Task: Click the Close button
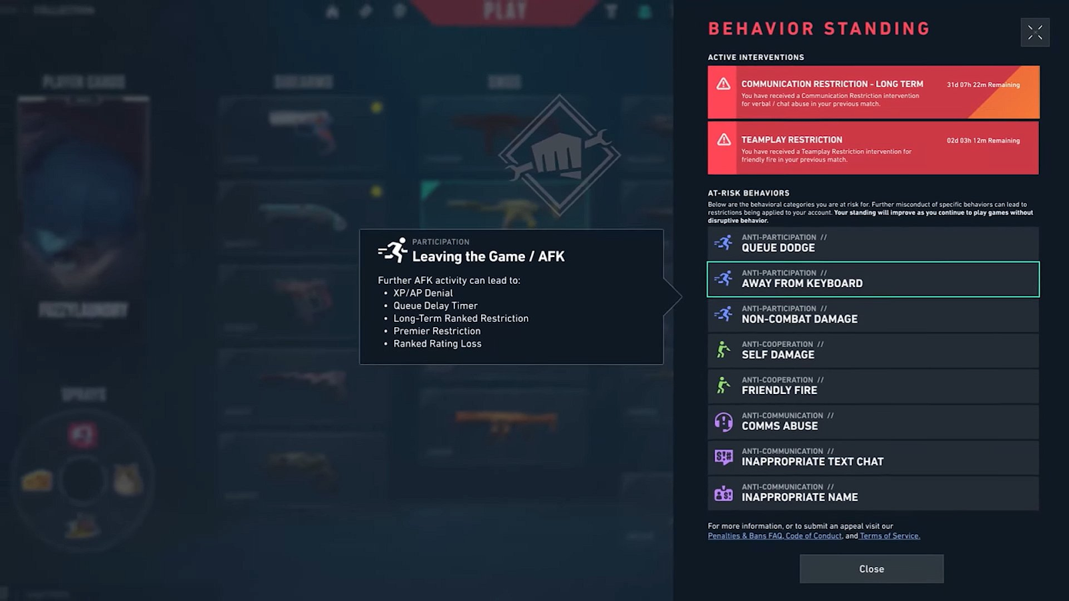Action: tap(871, 569)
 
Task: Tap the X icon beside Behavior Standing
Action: tap(1035, 32)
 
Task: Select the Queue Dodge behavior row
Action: tap(873, 243)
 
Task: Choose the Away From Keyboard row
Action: tap(873, 279)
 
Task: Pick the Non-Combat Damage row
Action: tap(873, 315)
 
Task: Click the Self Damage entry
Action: tap(873, 350)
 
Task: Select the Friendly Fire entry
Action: tap(873, 386)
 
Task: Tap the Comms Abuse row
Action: tap(873, 421)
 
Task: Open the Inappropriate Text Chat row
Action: tap(873, 457)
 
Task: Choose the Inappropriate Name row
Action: tap(873, 493)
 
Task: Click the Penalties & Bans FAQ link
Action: tap(744, 536)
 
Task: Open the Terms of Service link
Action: tap(889, 536)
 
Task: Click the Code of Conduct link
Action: tap(813, 536)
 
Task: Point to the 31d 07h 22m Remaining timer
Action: tap(983, 85)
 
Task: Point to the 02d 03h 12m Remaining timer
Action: tap(983, 141)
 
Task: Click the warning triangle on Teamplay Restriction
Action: tap(724, 140)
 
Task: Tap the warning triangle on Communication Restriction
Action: tap(724, 83)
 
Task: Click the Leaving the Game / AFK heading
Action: tap(488, 256)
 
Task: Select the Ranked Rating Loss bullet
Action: tap(437, 344)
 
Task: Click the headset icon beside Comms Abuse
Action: tap(724, 421)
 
